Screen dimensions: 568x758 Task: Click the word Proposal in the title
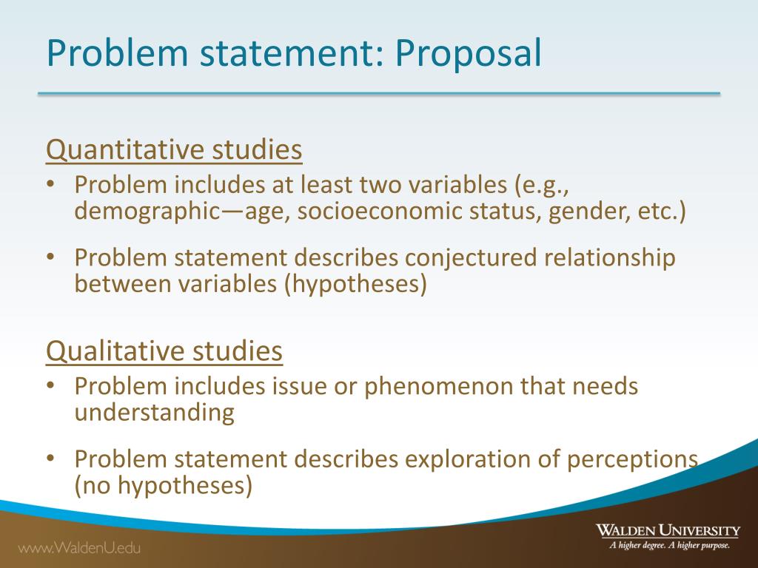[x=467, y=55]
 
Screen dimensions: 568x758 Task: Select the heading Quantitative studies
[x=174, y=150]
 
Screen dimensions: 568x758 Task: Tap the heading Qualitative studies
[x=164, y=351]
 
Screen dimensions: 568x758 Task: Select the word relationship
[x=610, y=257]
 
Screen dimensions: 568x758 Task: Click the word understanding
[x=154, y=412]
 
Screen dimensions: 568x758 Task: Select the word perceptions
[x=632, y=459]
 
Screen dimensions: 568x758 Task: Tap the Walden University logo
[x=668, y=530]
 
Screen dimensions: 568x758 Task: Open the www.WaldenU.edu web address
[x=79, y=548]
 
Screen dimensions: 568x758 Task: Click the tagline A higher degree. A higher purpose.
[x=669, y=546]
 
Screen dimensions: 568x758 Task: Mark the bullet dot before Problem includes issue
[x=50, y=386]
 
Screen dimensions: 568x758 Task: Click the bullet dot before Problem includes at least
[x=50, y=184]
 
